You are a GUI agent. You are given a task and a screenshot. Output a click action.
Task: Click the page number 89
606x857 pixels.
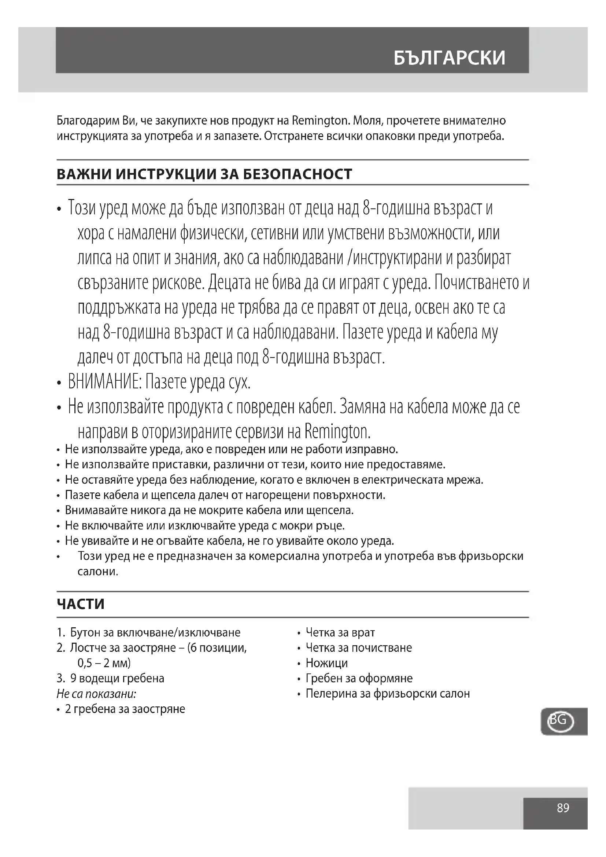563,808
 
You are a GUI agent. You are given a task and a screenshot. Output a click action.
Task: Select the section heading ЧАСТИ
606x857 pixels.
81,604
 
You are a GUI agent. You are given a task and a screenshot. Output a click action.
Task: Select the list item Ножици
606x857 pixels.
326,663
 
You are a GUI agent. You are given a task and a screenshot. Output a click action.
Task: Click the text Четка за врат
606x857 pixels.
340,633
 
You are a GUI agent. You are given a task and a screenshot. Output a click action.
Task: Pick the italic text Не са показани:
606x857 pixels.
96,694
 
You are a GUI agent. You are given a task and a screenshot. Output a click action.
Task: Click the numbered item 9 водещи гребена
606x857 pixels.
117,678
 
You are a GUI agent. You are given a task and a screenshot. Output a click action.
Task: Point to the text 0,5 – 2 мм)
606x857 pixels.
104,663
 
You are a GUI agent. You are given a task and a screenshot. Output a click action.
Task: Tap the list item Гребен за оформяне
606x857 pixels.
359,678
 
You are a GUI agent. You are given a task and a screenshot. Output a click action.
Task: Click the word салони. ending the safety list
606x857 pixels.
98,572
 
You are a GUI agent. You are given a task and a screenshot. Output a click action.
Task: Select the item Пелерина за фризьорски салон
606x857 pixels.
388,694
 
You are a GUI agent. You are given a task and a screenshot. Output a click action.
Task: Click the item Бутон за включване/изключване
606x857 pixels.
155,633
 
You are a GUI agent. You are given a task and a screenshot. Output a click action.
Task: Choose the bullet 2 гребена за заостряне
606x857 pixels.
125,709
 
